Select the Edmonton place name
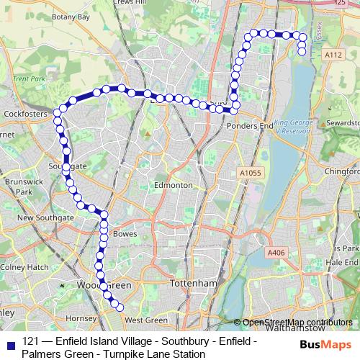click(173, 185)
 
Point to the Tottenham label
click(193, 284)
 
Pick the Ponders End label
click(250, 125)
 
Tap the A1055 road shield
click(249, 173)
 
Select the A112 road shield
click(333, 55)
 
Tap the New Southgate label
click(45, 217)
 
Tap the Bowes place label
click(125, 234)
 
